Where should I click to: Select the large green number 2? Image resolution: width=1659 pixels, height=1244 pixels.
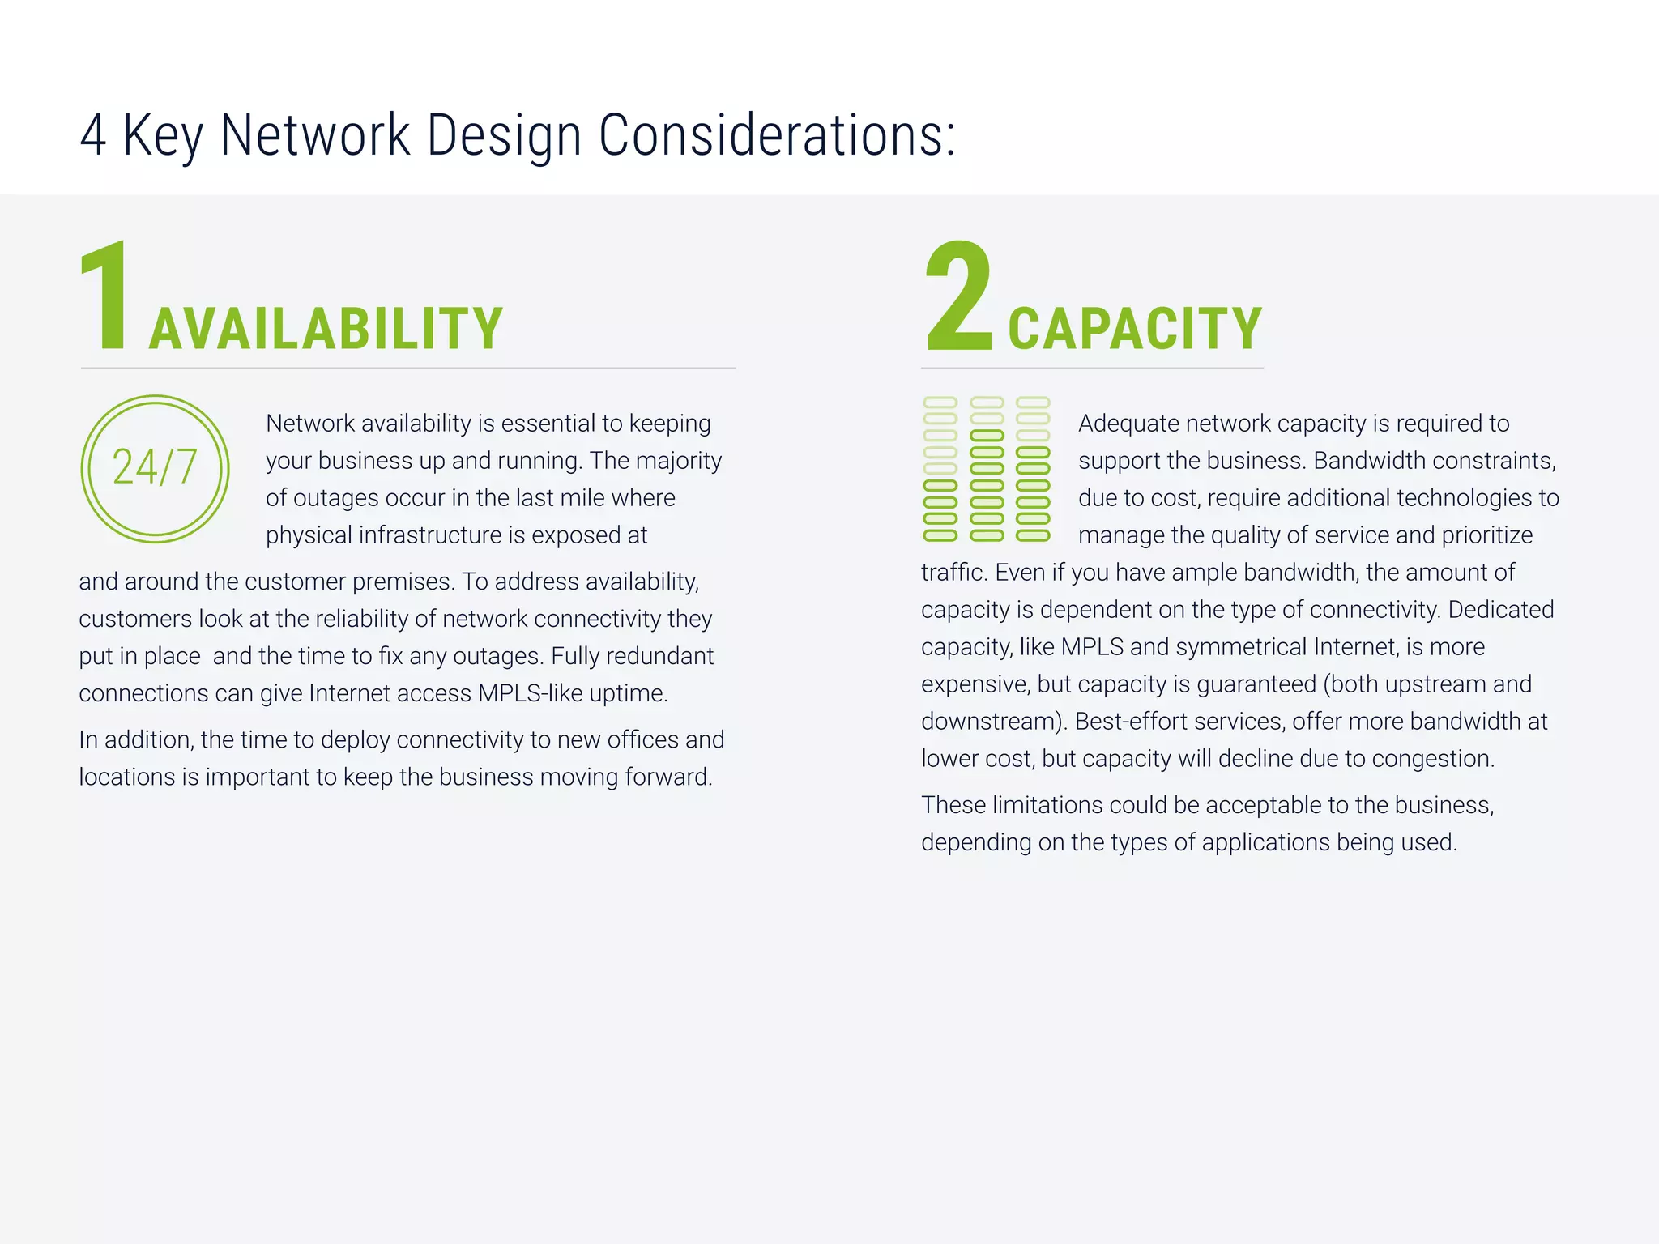click(x=958, y=296)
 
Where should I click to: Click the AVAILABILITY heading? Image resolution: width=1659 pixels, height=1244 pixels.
click(x=326, y=330)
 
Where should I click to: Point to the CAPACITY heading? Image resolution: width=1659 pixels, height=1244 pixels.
click(x=1134, y=330)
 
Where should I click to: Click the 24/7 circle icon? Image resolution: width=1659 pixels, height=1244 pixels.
click(x=155, y=469)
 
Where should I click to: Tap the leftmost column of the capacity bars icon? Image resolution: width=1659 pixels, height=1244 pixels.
click(x=940, y=469)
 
